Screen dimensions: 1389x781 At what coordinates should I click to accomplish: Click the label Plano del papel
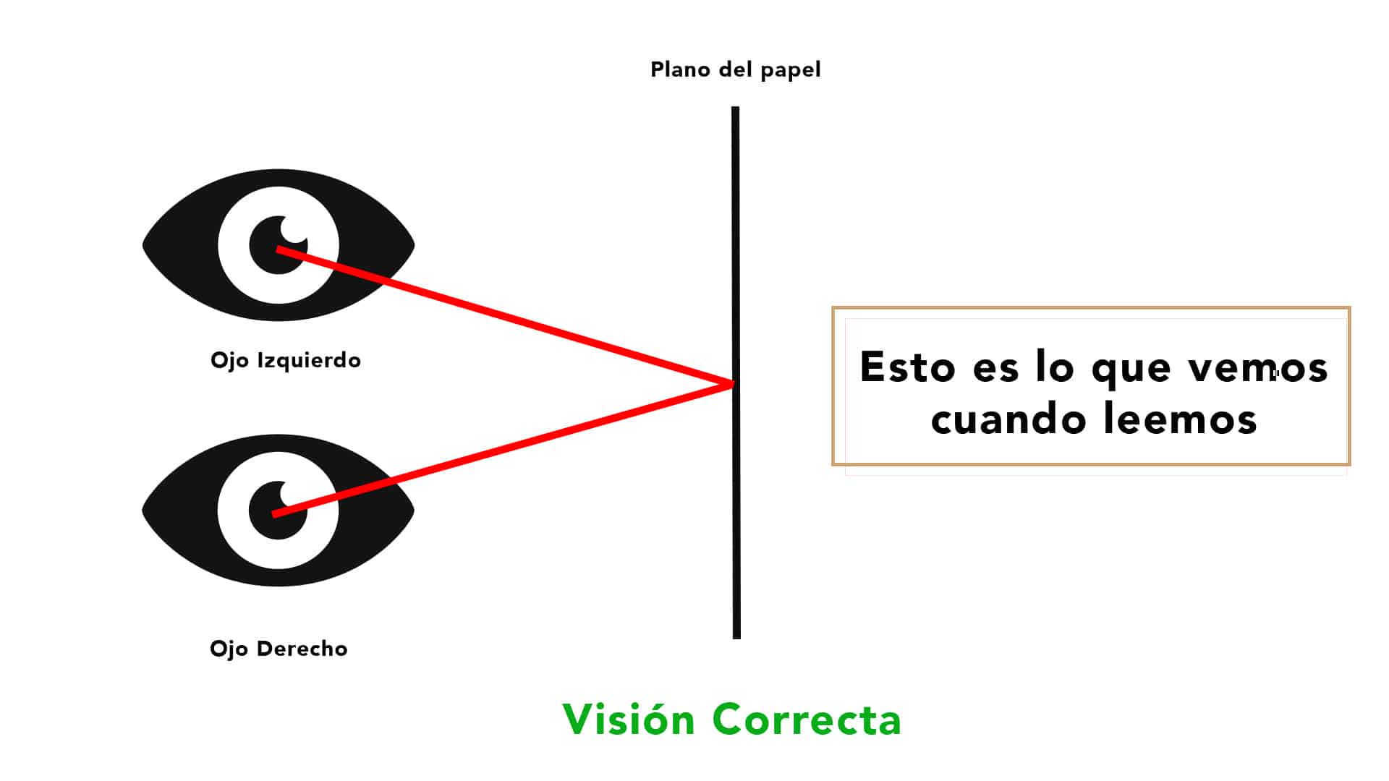click(x=735, y=70)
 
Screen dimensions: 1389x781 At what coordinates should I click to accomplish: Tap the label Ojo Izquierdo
click(x=286, y=360)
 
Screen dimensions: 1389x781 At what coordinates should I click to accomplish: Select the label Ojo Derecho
click(x=279, y=649)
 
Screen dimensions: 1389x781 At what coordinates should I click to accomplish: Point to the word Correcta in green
click(x=807, y=720)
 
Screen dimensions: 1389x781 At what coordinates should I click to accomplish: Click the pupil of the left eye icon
click(x=279, y=244)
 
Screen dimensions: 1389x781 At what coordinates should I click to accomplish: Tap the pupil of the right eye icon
click(x=278, y=510)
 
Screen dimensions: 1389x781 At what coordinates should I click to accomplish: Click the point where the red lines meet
click(x=732, y=384)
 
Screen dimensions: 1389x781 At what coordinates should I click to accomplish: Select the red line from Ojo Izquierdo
click(x=504, y=316)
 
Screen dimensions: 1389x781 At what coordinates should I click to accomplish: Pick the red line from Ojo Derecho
click(x=503, y=449)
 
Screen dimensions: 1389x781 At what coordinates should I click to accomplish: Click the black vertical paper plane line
click(x=736, y=372)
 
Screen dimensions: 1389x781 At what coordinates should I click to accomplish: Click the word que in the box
click(x=1131, y=370)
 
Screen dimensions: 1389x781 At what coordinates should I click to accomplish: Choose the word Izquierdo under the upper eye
click(x=309, y=360)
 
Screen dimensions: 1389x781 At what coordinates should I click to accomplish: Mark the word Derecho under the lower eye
click(x=302, y=648)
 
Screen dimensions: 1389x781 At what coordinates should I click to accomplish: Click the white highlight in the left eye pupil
click(x=294, y=230)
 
